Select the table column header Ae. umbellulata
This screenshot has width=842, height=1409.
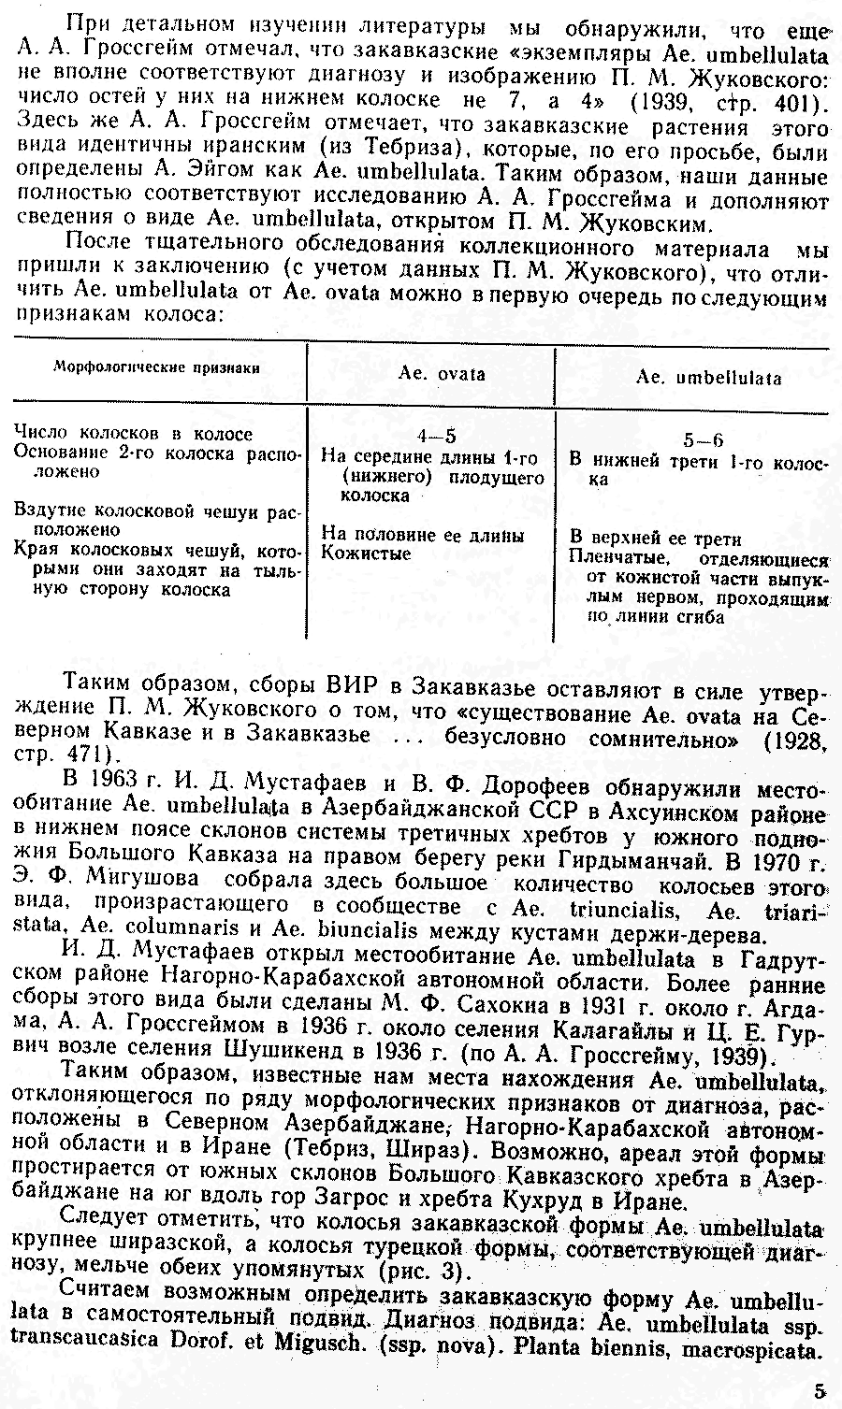tap(708, 379)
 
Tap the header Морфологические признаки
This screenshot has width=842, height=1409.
tap(156, 368)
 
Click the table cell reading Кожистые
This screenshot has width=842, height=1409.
tap(353, 554)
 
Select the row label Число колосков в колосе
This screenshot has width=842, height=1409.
tap(133, 434)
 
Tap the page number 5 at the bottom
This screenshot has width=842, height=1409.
tap(820, 1390)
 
